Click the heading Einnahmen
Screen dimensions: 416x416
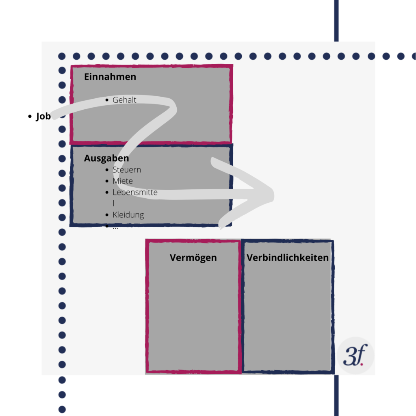click(110, 77)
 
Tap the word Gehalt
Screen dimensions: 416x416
click(124, 100)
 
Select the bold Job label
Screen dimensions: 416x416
click(43, 116)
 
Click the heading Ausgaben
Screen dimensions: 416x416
click(106, 158)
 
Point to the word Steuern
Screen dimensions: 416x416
click(127, 170)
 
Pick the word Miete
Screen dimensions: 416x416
click(123, 181)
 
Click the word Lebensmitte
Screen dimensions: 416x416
click(135, 192)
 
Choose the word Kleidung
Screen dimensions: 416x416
click(128, 214)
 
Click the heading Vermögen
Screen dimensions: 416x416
click(193, 258)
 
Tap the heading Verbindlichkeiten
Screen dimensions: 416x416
click(288, 258)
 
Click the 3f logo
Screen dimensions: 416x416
click(355, 355)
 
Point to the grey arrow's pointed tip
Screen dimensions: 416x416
click(273, 195)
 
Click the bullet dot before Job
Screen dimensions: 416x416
click(30, 116)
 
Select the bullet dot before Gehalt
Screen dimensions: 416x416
click(107, 100)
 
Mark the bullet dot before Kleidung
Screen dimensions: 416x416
click(107, 215)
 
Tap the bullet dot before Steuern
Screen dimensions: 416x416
click(107, 170)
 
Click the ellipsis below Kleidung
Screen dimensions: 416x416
click(115, 227)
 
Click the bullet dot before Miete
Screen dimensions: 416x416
click(107, 181)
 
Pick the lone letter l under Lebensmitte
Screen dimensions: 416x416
click(114, 203)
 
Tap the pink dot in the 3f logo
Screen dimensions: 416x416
click(362, 364)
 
